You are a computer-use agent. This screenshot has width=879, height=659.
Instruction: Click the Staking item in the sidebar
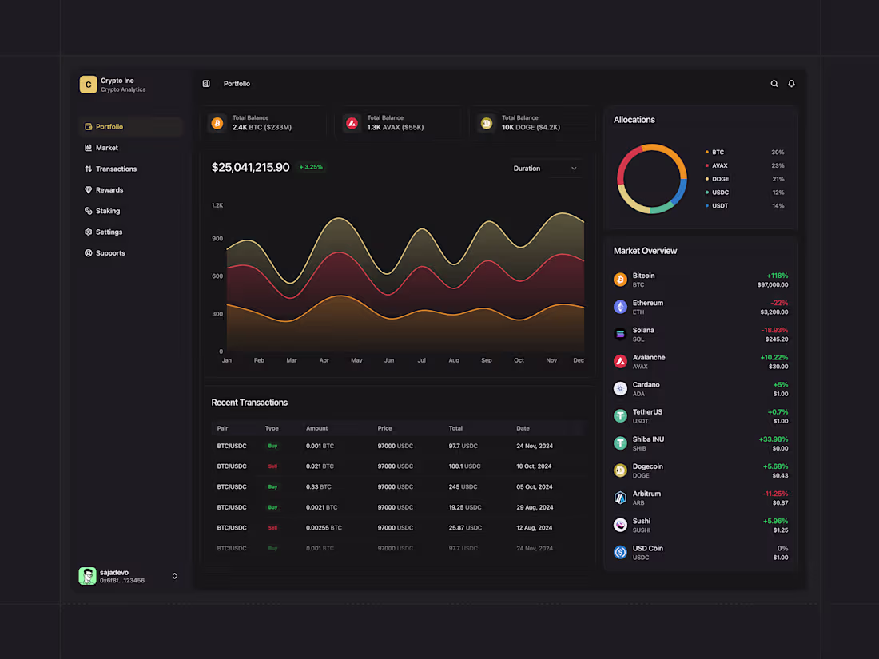coord(107,211)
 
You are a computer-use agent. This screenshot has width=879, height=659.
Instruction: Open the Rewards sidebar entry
coord(109,190)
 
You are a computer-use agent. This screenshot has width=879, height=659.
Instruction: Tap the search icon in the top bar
coord(774,84)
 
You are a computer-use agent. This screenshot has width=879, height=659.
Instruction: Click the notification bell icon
coord(791,84)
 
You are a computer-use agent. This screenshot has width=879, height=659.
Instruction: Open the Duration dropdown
coord(546,169)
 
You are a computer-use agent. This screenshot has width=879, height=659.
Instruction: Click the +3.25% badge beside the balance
coord(311,167)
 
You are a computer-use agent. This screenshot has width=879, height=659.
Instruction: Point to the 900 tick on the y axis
coord(217,239)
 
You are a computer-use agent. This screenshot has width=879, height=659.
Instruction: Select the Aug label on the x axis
coord(454,360)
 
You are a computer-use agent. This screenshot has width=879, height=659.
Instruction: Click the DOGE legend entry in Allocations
coord(720,179)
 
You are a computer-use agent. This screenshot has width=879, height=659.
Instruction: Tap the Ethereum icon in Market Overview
coord(620,307)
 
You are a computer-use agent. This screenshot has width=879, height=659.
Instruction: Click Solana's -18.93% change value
coord(774,330)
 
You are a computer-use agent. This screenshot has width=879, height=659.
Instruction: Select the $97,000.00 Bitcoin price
coord(772,284)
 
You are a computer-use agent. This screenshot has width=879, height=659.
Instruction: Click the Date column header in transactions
coord(523,428)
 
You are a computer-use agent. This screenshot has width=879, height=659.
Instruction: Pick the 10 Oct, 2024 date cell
coord(534,466)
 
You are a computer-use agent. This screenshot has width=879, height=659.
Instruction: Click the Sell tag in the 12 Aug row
coord(272,528)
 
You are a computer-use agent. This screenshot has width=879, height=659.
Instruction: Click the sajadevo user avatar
coord(87,576)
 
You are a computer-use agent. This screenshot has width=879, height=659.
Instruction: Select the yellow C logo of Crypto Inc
coord(88,85)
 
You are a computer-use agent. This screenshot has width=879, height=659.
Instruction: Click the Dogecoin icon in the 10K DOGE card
coord(486,123)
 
